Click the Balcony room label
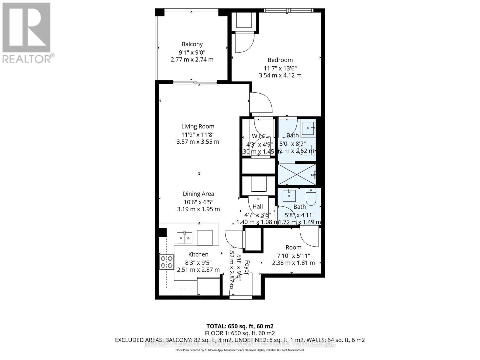[192, 44]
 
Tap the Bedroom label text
[280, 60]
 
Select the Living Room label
[198, 126]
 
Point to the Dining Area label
[198, 194]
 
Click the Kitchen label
[198, 254]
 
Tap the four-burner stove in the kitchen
[166, 262]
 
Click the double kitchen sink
[184, 238]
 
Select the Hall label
[257, 206]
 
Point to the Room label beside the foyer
[293, 247]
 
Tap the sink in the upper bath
[308, 129]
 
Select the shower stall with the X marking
[296, 174]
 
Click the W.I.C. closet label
[259, 136]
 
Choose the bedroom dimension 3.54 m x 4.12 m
[280, 75]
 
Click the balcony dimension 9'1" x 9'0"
[192, 52]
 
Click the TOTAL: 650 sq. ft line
[240, 326]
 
